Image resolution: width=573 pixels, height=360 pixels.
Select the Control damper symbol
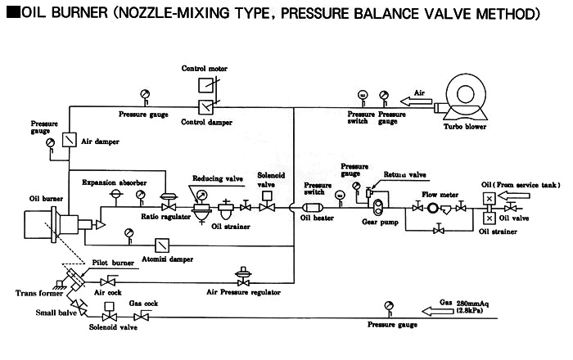point(205,107)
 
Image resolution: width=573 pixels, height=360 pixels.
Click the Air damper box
point(68,140)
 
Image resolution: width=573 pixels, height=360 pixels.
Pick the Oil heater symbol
point(314,207)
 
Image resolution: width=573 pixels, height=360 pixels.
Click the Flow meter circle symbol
point(426,208)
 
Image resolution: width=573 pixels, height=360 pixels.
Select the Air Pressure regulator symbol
point(243,273)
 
